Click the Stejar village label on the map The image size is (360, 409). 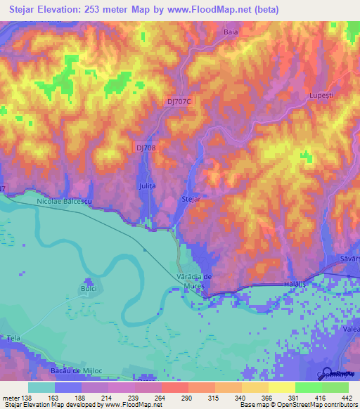click(x=191, y=200)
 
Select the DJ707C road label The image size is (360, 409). click(x=179, y=101)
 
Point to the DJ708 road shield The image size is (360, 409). click(x=145, y=146)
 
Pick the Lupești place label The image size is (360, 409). click(x=320, y=94)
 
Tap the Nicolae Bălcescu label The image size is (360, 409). click(x=65, y=202)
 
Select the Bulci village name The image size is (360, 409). click(x=88, y=288)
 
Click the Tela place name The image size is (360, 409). click(x=13, y=338)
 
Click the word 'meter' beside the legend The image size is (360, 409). click(x=10, y=397)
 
